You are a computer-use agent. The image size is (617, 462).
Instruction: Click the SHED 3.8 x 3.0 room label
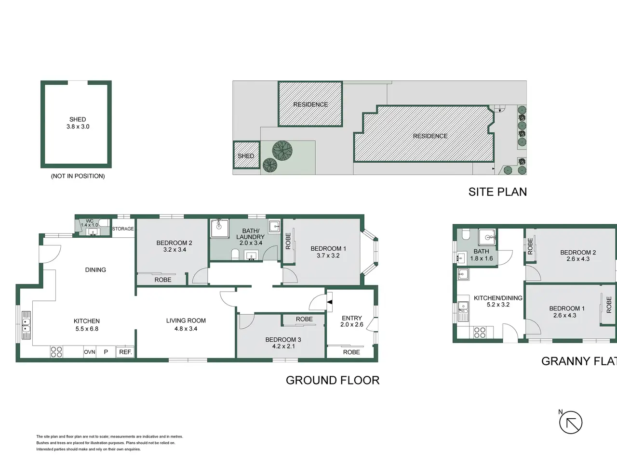click(78, 123)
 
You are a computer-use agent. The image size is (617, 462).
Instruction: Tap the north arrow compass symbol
click(570, 422)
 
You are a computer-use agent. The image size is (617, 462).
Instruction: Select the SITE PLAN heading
click(497, 192)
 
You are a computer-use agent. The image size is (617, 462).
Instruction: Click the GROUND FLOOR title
click(333, 380)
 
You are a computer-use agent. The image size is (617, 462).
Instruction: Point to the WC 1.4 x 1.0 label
click(89, 223)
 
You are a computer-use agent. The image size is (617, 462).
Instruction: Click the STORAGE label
click(123, 229)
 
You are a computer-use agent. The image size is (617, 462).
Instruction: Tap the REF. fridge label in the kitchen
click(125, 352)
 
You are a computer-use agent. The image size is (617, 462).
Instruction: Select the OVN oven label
click(89, 352)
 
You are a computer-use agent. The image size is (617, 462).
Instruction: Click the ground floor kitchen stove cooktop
click(56, 352)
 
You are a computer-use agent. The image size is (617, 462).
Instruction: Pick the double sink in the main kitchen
click(26, 325)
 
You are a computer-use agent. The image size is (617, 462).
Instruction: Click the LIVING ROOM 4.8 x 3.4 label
click(186, 324)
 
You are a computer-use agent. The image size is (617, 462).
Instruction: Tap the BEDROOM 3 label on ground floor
click(283, 343)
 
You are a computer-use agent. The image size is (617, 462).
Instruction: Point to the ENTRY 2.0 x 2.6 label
click(352, 321)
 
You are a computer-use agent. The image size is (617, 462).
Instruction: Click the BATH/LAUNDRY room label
click(251, 237)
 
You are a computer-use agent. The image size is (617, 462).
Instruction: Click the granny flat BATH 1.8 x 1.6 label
click(481, 255)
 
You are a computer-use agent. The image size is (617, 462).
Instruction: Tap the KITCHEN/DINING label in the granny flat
click(498, 301)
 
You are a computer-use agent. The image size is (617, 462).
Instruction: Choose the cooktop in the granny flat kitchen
click(480, 333)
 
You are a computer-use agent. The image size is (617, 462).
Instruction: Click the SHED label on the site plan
click(246, 156)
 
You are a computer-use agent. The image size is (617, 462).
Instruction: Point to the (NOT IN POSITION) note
click(78, 176)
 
